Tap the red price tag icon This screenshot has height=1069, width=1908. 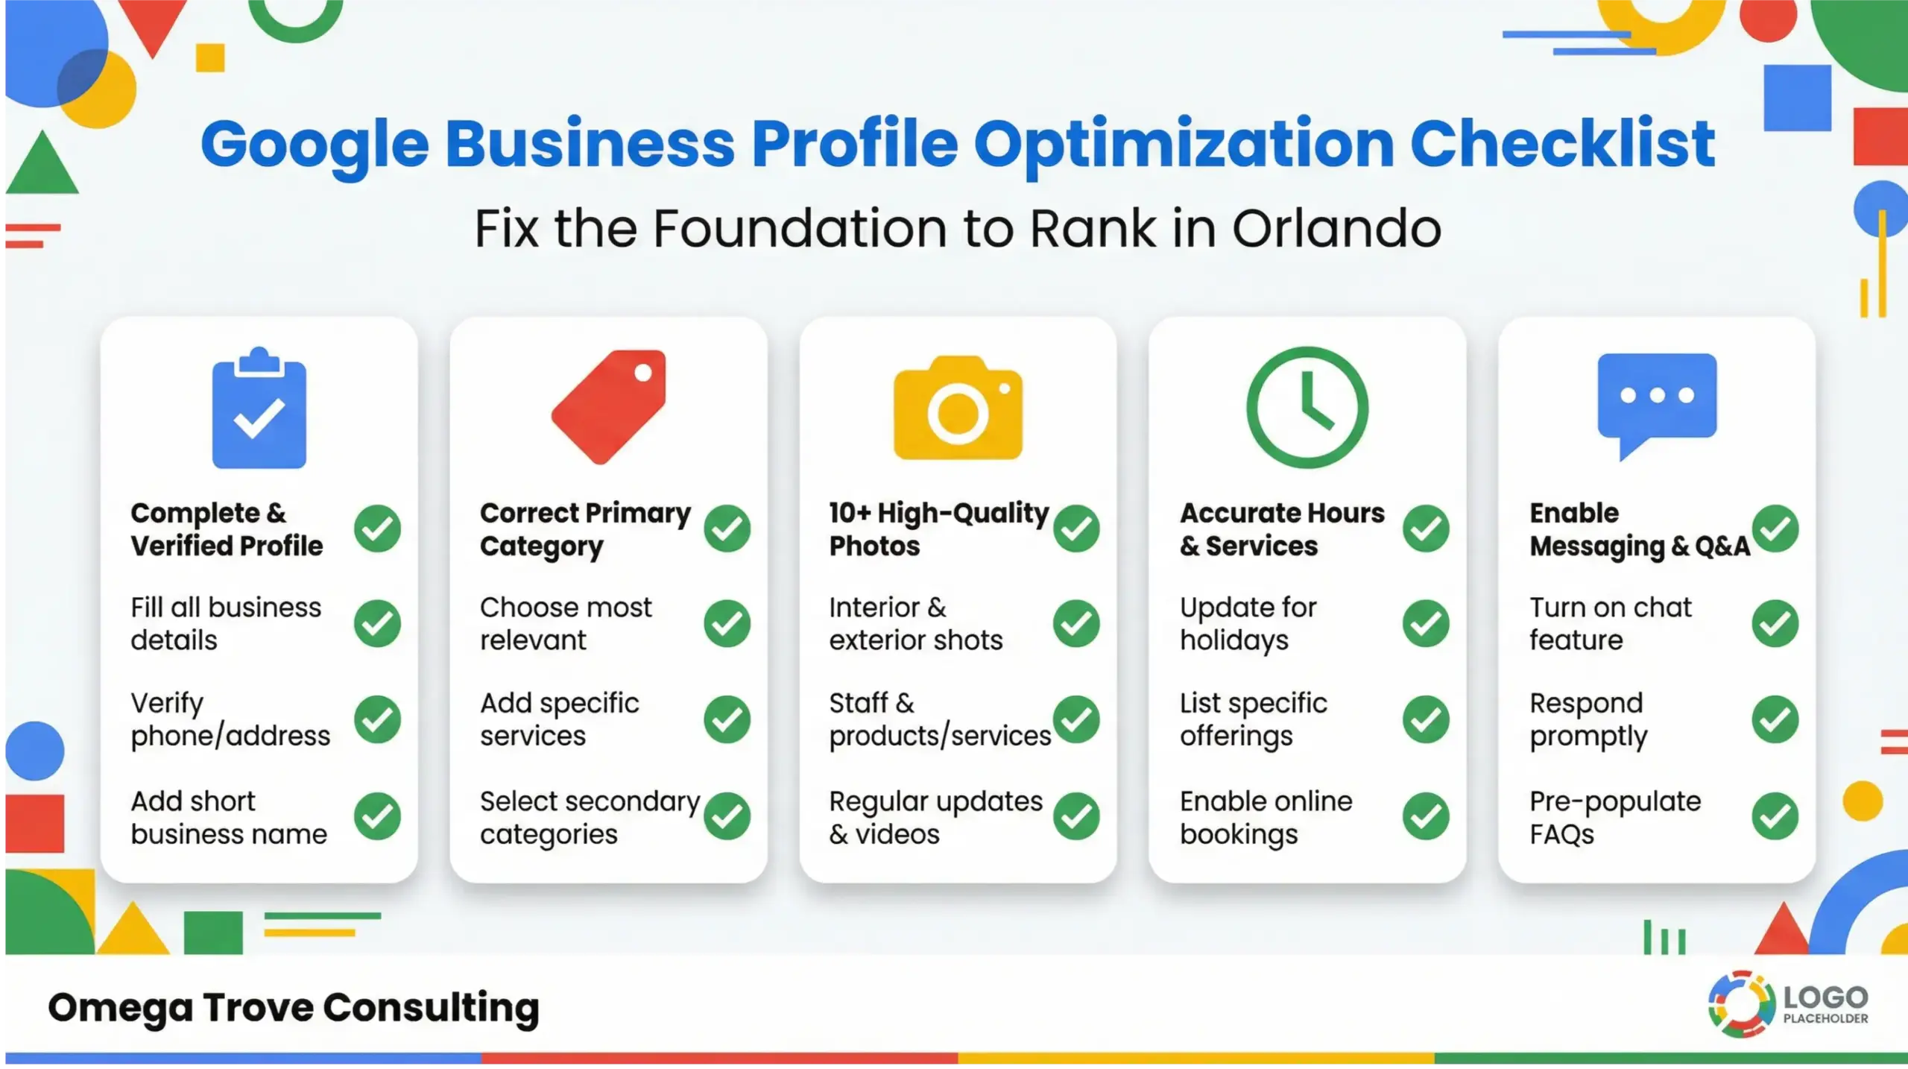tap(609, 406)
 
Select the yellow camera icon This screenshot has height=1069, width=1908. tap(958, 409)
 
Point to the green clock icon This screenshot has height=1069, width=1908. tap(1307, 407)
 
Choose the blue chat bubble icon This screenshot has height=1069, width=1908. tap(1657, 401)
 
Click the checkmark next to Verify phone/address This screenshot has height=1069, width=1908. tap(377, 719)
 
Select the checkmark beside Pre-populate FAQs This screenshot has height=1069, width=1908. tap(1775, 816)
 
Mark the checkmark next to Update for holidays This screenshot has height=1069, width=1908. tap(1425, 623)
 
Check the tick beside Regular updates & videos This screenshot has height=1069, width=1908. tap(1076, 816)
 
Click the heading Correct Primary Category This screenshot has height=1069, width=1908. tap(585, 529)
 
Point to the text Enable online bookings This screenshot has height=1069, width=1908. tap(1266, 818)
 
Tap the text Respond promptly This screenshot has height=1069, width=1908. tap(1588, 719)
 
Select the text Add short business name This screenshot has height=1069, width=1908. tap(229, 818)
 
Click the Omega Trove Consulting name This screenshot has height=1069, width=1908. tap(294, 1007)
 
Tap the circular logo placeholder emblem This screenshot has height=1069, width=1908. tap(1742, 1004)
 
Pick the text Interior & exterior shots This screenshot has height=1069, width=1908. tap(915, 624)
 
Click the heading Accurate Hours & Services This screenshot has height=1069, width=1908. tap(1281, 529)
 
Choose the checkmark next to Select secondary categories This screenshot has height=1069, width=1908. tap(727, 816)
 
